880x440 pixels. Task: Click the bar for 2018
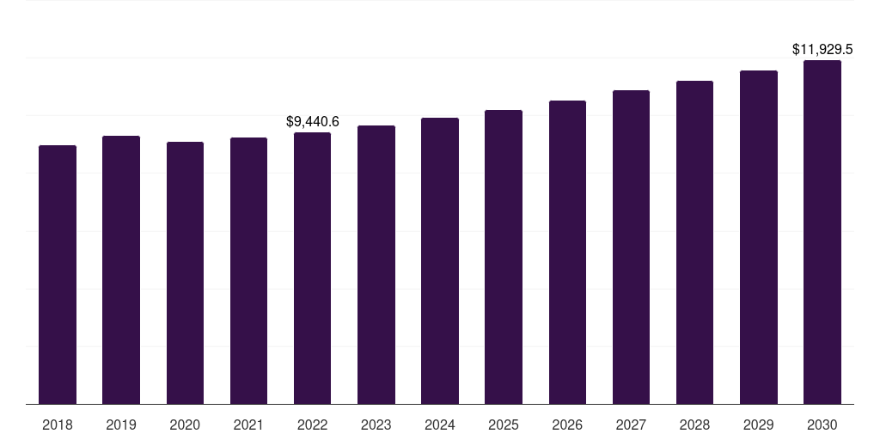(58, 275)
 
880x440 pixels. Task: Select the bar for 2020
(185, 273)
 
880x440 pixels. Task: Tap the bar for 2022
(312, 268)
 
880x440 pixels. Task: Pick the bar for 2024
(440, 261)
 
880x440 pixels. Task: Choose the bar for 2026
(567, 253)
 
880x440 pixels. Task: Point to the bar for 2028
(694, 242)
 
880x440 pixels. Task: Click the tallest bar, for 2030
(822, 232)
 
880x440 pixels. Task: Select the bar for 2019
(121, 270)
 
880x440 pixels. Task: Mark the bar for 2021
(248, 271)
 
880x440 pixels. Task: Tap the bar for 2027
(631, 247)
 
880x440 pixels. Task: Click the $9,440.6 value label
(313, 122)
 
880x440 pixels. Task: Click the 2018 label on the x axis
(58, 425)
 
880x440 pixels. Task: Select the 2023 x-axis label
(376, 425)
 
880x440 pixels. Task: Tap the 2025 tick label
(504, 425)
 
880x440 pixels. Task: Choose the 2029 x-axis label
(759, 425)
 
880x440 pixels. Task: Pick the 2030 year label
(822, 425)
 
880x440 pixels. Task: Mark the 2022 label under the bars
(312, 425)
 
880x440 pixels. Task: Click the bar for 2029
(759, 237)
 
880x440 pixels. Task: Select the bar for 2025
(504, 257)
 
